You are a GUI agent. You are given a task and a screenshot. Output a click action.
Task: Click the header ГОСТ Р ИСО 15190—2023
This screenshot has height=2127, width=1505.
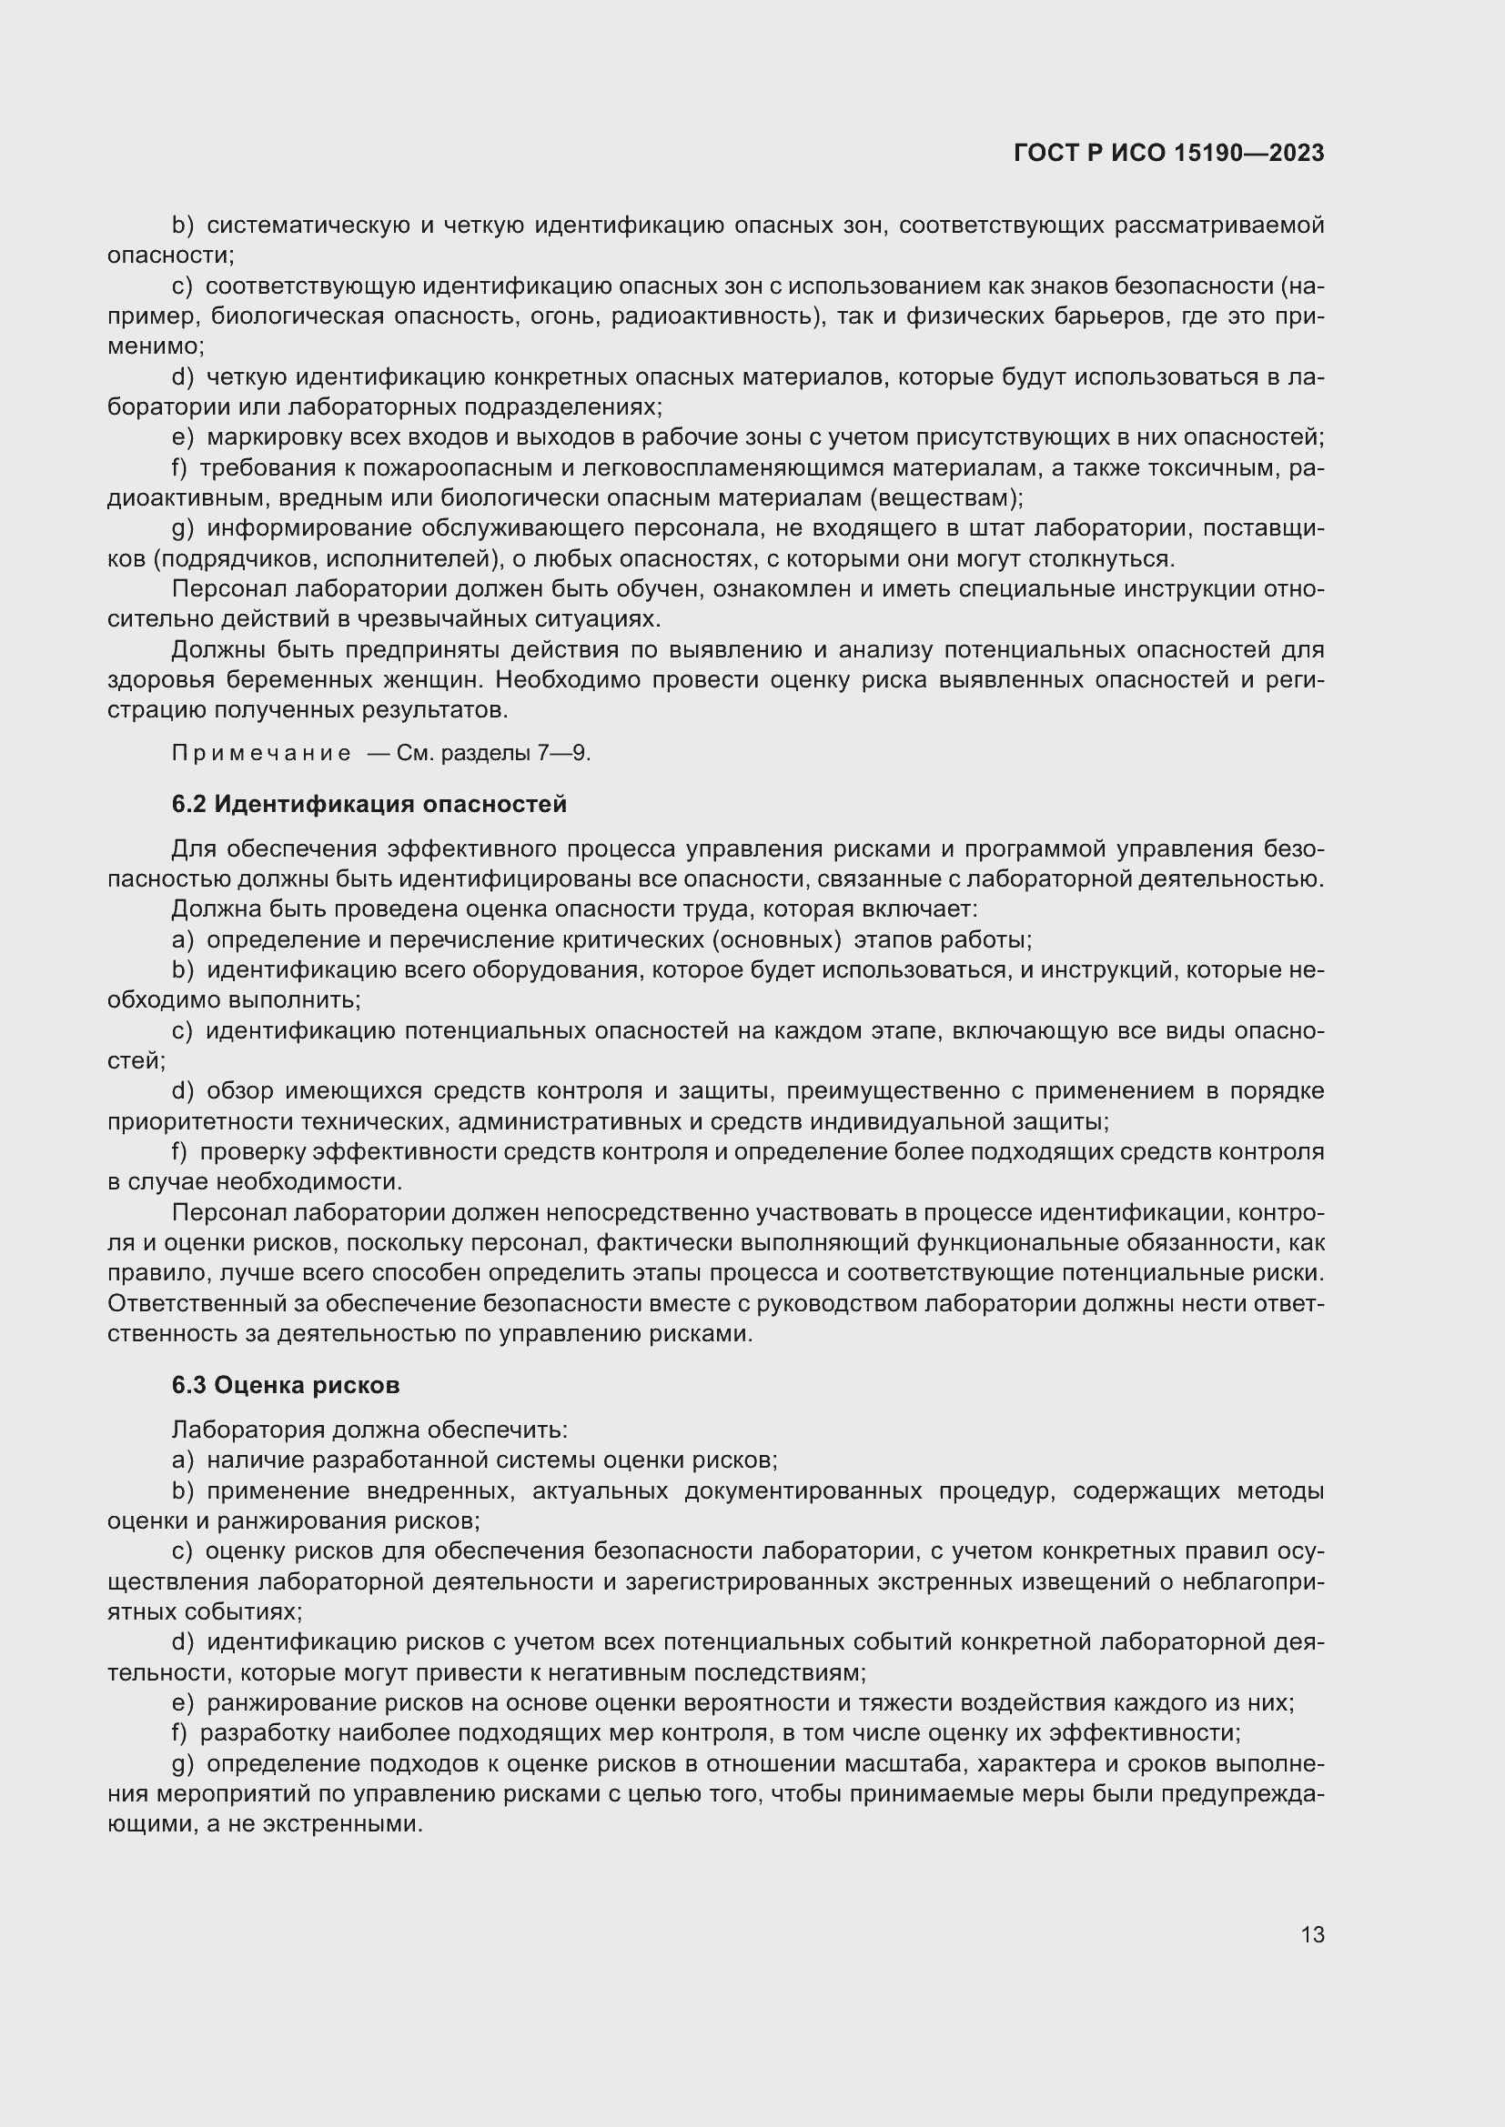click(x=1168, y=154)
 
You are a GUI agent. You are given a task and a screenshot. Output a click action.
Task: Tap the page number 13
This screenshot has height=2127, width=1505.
click(x=1311, y=1934)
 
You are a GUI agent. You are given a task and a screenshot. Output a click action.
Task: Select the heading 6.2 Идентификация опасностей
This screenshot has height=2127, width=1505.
click(x=369, y=804)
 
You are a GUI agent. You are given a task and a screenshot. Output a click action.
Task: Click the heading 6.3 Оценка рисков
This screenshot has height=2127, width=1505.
click(x=286, y=1385)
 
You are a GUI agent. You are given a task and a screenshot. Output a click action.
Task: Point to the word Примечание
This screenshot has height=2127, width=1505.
click(x=261, y=753)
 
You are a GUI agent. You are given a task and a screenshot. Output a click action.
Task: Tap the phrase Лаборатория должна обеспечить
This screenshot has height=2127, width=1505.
click(x=369, y=1430)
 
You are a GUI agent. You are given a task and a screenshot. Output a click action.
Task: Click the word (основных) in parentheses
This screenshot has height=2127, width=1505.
click(x=776, y=940)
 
